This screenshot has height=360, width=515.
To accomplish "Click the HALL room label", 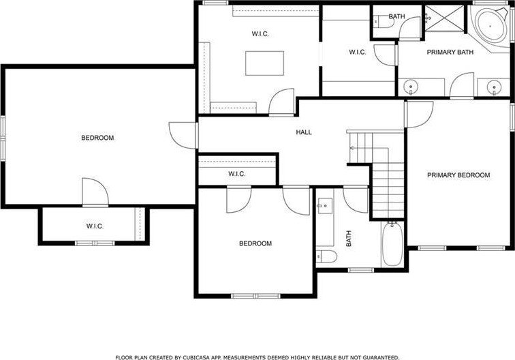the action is tap(304, 132).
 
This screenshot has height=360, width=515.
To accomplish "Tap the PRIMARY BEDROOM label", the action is tap(458, 175).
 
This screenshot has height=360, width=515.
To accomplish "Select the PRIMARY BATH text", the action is tap(450, 52).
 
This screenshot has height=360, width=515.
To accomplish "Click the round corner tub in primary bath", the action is tap(490, 26).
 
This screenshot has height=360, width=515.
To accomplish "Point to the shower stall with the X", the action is tap(445, 18).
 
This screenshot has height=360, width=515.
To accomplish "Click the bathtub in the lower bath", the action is tap(392, 243).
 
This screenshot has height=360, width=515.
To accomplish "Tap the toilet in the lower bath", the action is tap(326, 256).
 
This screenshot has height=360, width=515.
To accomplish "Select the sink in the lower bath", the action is tap(324, 206).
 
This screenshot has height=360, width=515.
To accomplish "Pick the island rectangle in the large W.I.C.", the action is tap(265, 63).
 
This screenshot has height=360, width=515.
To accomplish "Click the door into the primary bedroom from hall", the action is tap(420, 114).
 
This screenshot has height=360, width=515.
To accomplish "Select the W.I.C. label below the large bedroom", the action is tap(95, 226).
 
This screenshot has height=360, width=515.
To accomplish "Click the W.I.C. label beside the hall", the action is tap(237, 174).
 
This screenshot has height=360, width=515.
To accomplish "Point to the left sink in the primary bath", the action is tap(411, 87).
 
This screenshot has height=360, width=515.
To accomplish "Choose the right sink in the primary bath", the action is tap(494, 87).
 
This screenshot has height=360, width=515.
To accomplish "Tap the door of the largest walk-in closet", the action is tap(282, 102).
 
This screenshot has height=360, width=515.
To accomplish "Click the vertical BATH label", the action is tap(349, 239).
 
